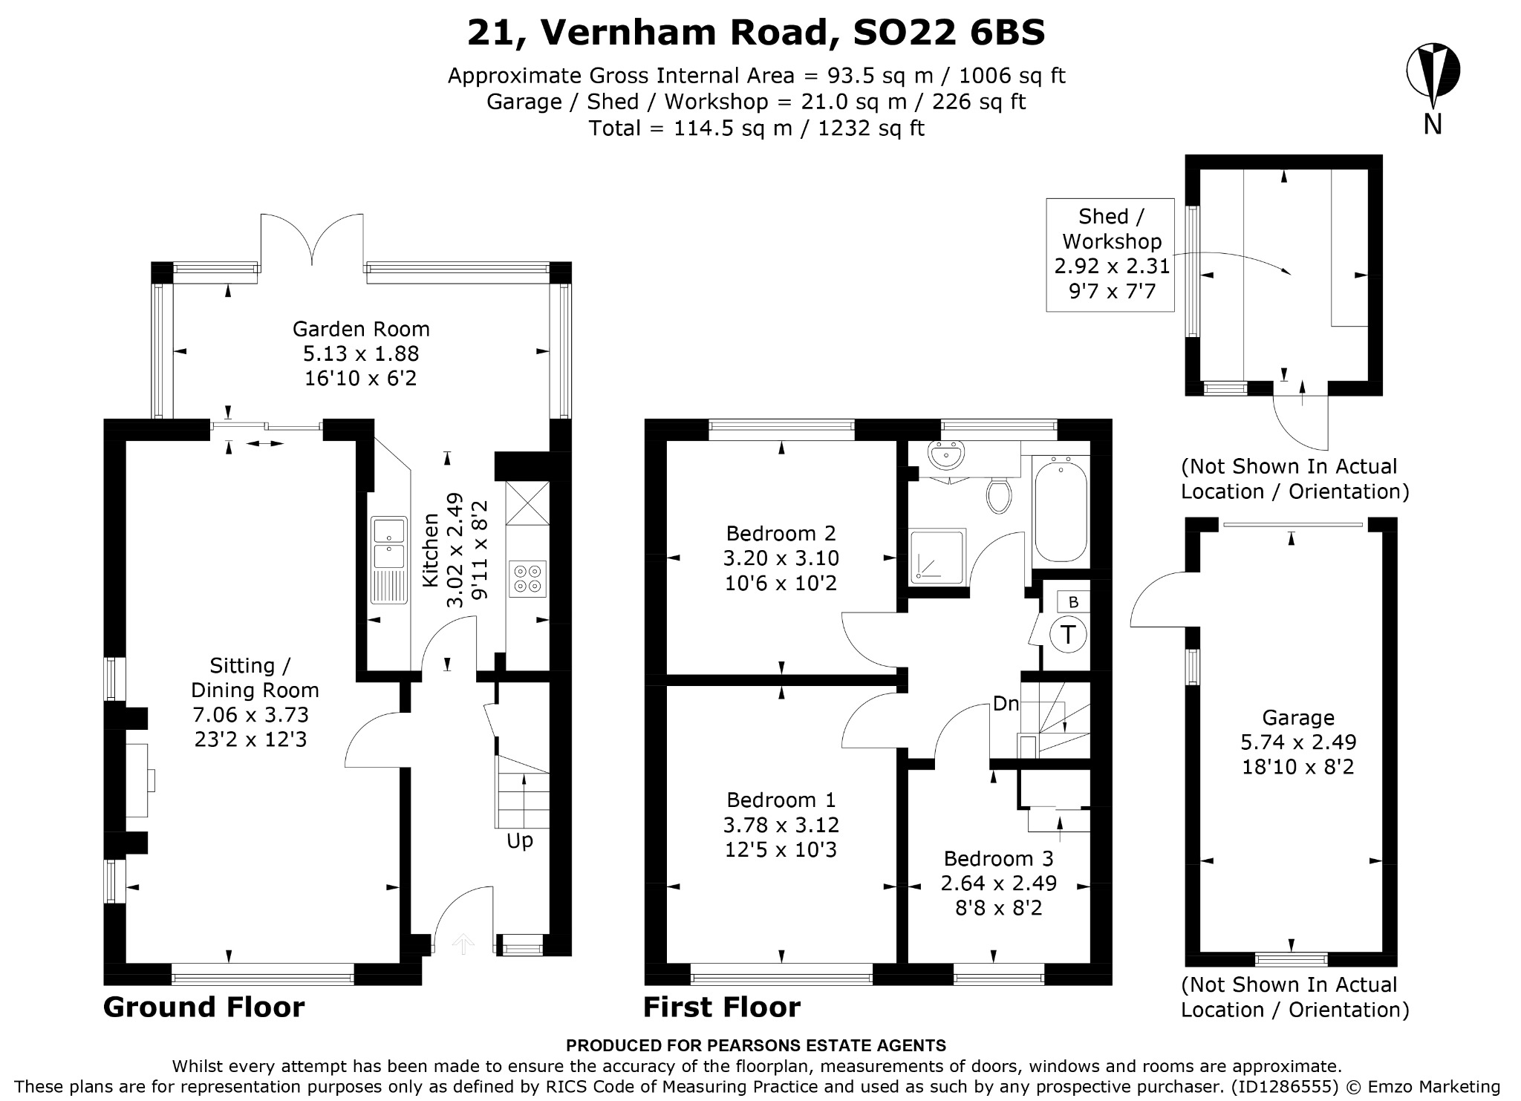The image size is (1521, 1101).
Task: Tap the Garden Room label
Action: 361,329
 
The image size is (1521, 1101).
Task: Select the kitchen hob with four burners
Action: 528,579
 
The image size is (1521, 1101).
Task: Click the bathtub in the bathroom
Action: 1061,509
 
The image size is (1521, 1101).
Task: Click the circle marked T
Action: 1068,635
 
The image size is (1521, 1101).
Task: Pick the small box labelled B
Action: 1072,602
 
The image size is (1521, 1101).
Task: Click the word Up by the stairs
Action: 520,842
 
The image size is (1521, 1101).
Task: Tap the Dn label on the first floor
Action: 1006,704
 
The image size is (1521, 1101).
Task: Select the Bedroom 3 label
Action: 998,859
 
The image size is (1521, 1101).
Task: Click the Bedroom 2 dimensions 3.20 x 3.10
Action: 781,558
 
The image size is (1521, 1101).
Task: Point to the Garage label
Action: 1298,718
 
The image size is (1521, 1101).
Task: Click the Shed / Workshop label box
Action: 1110,255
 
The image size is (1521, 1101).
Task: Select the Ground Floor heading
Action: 204,1007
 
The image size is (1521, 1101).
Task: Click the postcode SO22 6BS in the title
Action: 949,33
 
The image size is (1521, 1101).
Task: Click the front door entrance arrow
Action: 463,944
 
